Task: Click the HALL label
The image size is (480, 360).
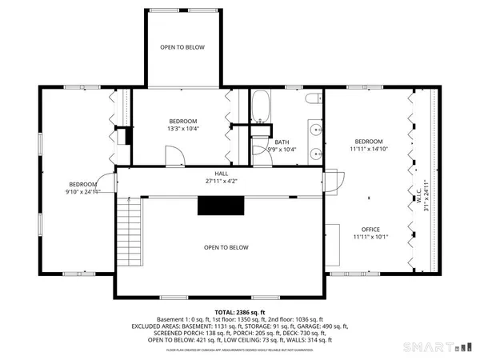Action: tap(221, 174)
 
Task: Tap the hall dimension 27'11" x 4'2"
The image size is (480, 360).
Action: tap(221, 182)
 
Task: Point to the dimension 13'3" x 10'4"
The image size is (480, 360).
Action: tap(182, 128)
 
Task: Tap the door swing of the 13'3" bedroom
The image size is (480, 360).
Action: tap(170, 156)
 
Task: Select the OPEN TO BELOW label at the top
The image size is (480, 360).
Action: tap(182, 47)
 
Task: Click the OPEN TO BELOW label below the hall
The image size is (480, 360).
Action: tap(226, 248)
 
